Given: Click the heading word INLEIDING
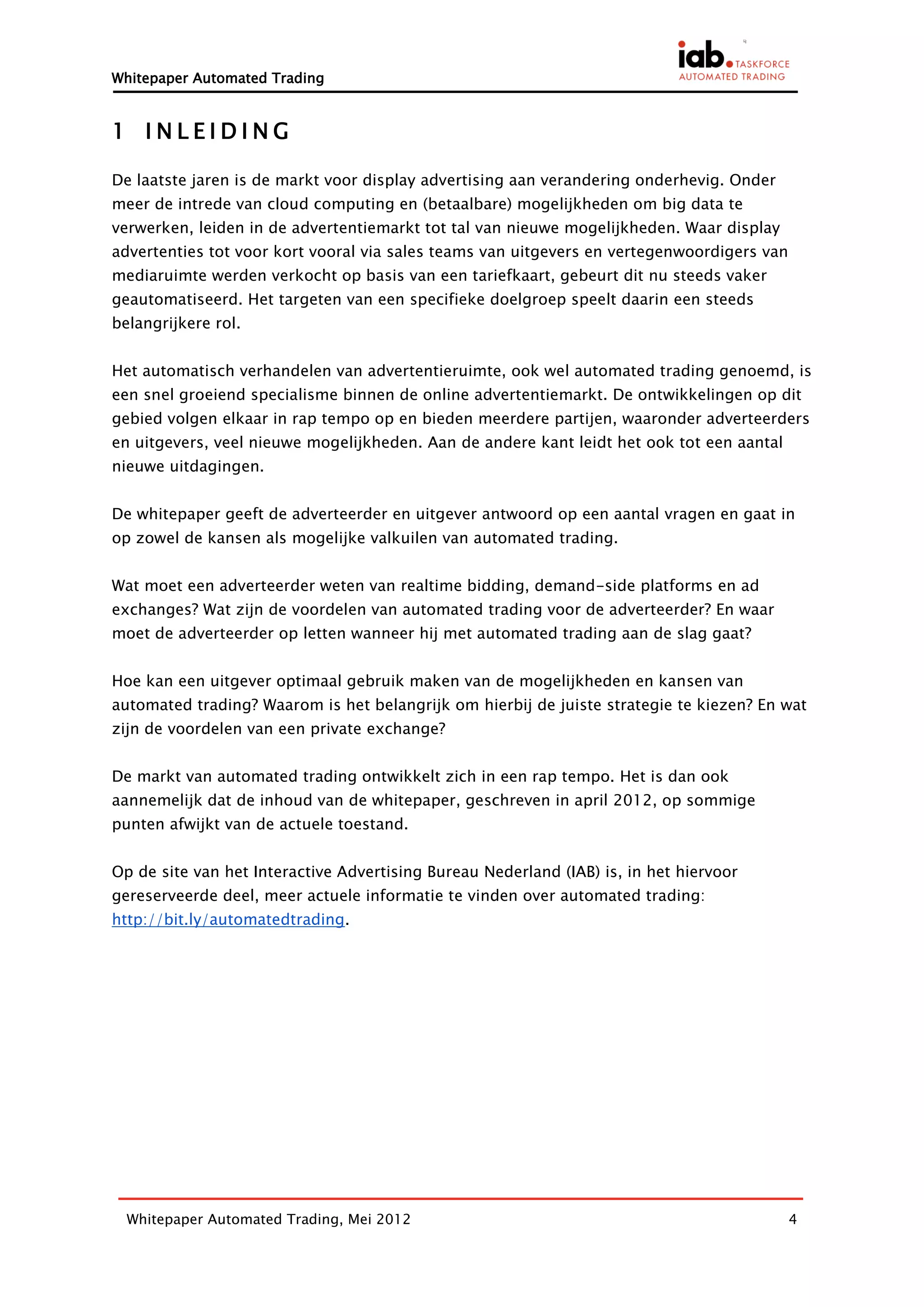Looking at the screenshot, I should point(217,131).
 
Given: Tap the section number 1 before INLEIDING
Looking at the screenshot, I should point(118,131).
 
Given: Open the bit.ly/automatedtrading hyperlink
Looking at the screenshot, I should point(228,919).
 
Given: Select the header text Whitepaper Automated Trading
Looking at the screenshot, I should point(217,78).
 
